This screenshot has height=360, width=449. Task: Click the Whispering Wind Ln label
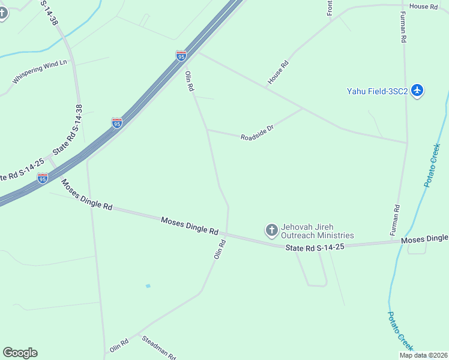click(x=40, y=71)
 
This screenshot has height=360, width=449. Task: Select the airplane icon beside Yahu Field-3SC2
click(x=418, y=91)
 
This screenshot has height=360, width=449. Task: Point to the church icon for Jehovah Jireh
click(x=271, y=229)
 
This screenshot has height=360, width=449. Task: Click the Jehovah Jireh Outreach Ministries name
click(x=318, y=231)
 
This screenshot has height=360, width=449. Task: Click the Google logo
click(x=20, y=353)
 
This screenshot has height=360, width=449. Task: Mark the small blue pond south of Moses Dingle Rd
click(x=148, y=286)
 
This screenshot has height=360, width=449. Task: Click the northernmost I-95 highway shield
click(x=181, y=56)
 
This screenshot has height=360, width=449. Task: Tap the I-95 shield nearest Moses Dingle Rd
click(x=42, y=178)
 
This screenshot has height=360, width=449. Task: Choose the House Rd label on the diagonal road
click(x=279, y=72)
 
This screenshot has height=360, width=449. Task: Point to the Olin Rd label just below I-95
click(x=190, y=81)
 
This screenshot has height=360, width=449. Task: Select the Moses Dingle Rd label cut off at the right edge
click(x=424, y=239)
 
